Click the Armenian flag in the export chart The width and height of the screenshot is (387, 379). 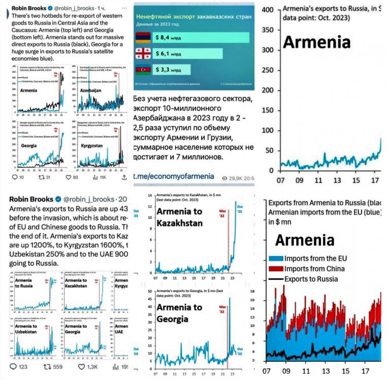pyautogui.click(x=143, y=38)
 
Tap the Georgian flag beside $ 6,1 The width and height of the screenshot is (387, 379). pyautogui.click(x=143, y=54)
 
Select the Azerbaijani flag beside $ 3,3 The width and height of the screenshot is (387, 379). pyautogui.click(x=143, y=70)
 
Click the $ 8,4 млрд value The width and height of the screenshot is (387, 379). pyautogui.click(x=168, y=38)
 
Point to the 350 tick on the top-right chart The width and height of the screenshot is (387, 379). pyautogui.click(x=268, y=30)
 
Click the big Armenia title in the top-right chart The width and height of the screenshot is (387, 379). pyautogui.click(x=317, y=42)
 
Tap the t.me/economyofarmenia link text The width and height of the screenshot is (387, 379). pyautogui.click(x=174, y=176)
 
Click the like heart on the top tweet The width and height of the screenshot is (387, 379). pyautogui.click(x=68, y=177)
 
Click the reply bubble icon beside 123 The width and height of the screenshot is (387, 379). pyautogui.click(x=13, y=366)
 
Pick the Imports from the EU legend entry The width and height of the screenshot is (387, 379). pyautogui.click(x=308, y=258)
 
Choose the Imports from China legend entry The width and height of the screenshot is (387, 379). pyautogui.click(x=307, y=269)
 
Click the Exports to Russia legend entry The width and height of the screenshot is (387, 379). pyautogui.click(x=303, y=279)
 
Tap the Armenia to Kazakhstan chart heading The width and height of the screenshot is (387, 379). pyautogui.click(x=179, y=217)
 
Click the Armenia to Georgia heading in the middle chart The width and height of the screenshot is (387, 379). pyautogui.click(x=179, y=313)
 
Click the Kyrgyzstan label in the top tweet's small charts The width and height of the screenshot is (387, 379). pyautogui.click(x=92, y=146)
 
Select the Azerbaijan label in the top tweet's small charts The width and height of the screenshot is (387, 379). pyautogui.click(x=90, y=91)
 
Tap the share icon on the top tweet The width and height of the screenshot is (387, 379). pyautogui.click(x=124, y=177)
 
